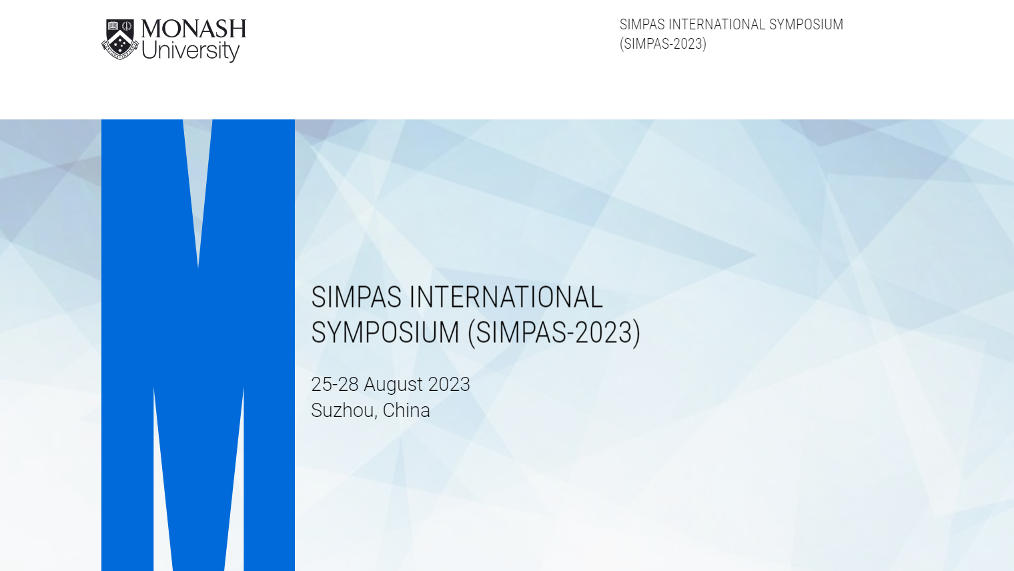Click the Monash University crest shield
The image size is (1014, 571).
120,39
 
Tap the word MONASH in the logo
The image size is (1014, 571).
193,29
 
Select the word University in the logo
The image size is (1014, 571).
190,51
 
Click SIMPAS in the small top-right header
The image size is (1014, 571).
642,25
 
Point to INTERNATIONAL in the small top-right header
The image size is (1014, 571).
716,25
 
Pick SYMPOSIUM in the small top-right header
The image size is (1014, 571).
806,25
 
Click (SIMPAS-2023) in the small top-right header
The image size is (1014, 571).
662,44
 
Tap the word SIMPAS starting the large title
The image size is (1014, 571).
356,298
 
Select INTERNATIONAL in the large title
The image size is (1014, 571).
506,298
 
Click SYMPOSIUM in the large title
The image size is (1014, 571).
385,333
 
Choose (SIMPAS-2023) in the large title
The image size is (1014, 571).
554,333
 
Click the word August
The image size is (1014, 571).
393,385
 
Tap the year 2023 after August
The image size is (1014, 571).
449,385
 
